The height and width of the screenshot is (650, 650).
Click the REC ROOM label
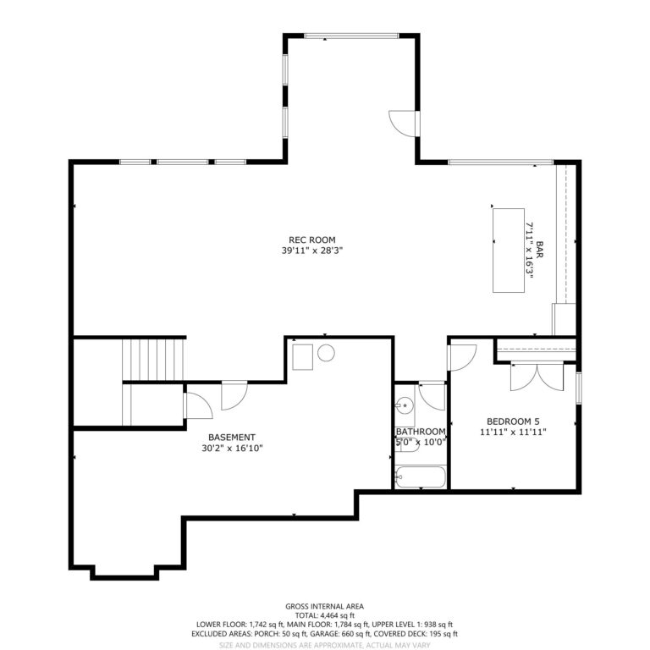coord(311,240)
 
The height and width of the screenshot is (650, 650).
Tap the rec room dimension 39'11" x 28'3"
coord(311,251)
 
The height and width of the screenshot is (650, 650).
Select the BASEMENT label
coord(232,438)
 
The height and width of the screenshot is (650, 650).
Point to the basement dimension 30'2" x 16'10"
coord(232,448)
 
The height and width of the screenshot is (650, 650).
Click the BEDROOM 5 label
coord(513,421)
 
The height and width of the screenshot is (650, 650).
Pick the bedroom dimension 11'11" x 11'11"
coord(513,432)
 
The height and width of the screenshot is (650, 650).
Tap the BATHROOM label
coord(421,432)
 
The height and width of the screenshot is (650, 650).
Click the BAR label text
coord(539,250)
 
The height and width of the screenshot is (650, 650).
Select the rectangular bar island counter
coord(509,251)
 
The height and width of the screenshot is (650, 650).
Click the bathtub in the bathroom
coord(421,477)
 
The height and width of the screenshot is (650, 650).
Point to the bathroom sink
coord(405,405)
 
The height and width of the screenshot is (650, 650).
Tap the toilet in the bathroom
coord(407,444)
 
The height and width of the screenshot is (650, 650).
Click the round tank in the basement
coord(326,353)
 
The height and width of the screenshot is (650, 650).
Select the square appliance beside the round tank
coord(303,357)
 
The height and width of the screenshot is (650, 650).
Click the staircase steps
coord(153,360)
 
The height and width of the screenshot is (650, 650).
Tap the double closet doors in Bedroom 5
coord(537,377)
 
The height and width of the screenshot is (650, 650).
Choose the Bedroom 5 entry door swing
coord(463,357)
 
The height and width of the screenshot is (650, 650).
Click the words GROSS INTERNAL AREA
coord(325,607)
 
